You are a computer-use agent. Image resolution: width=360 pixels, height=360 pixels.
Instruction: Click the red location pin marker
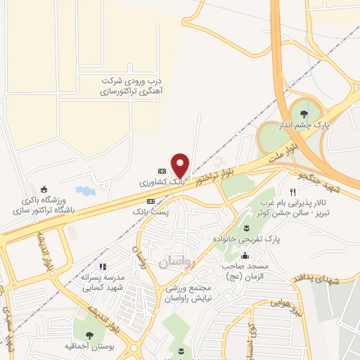tap(181, 165)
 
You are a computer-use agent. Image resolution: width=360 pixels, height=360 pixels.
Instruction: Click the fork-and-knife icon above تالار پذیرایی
tap(292, 191)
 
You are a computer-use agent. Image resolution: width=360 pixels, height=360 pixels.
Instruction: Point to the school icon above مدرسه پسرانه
tap(103, 266)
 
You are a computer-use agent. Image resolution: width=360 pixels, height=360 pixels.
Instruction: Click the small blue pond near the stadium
tap(84, 190)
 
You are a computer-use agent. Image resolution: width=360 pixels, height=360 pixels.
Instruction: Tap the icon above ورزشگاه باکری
tap(45, 188)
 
